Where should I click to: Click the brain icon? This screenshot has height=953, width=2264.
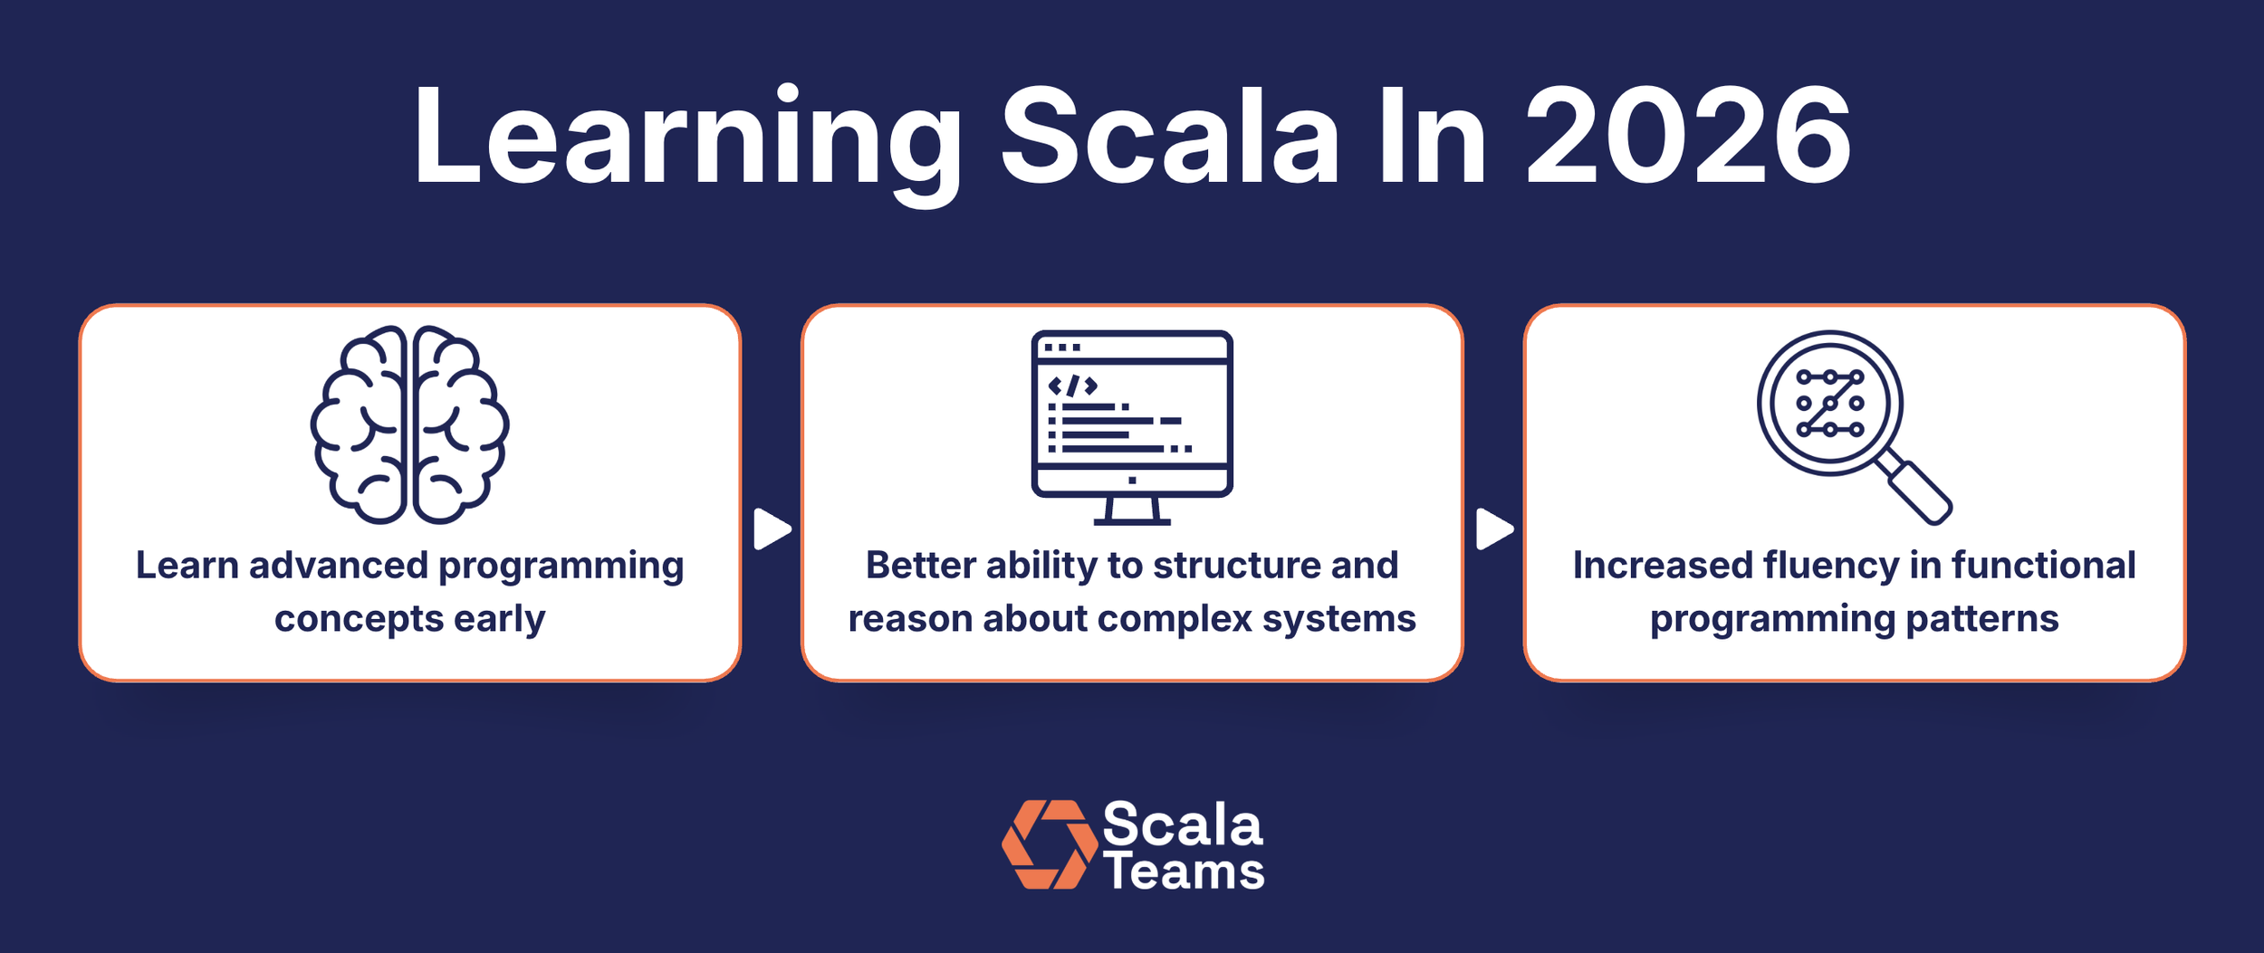pos(409,424)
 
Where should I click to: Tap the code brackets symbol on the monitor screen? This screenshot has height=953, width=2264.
pos(1072,386)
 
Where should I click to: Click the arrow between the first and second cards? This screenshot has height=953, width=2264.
pos(771,529)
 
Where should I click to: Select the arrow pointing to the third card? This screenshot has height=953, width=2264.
pos(1493,529)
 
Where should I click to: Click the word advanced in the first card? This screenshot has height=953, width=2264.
pos(338,566)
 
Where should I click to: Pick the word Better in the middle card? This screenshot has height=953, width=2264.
pos(919,566)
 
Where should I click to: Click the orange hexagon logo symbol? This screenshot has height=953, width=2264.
pos(1050,844)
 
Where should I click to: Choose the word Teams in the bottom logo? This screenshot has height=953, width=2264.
pos(1183,872)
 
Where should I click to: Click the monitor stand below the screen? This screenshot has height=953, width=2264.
pos(1132,511)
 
